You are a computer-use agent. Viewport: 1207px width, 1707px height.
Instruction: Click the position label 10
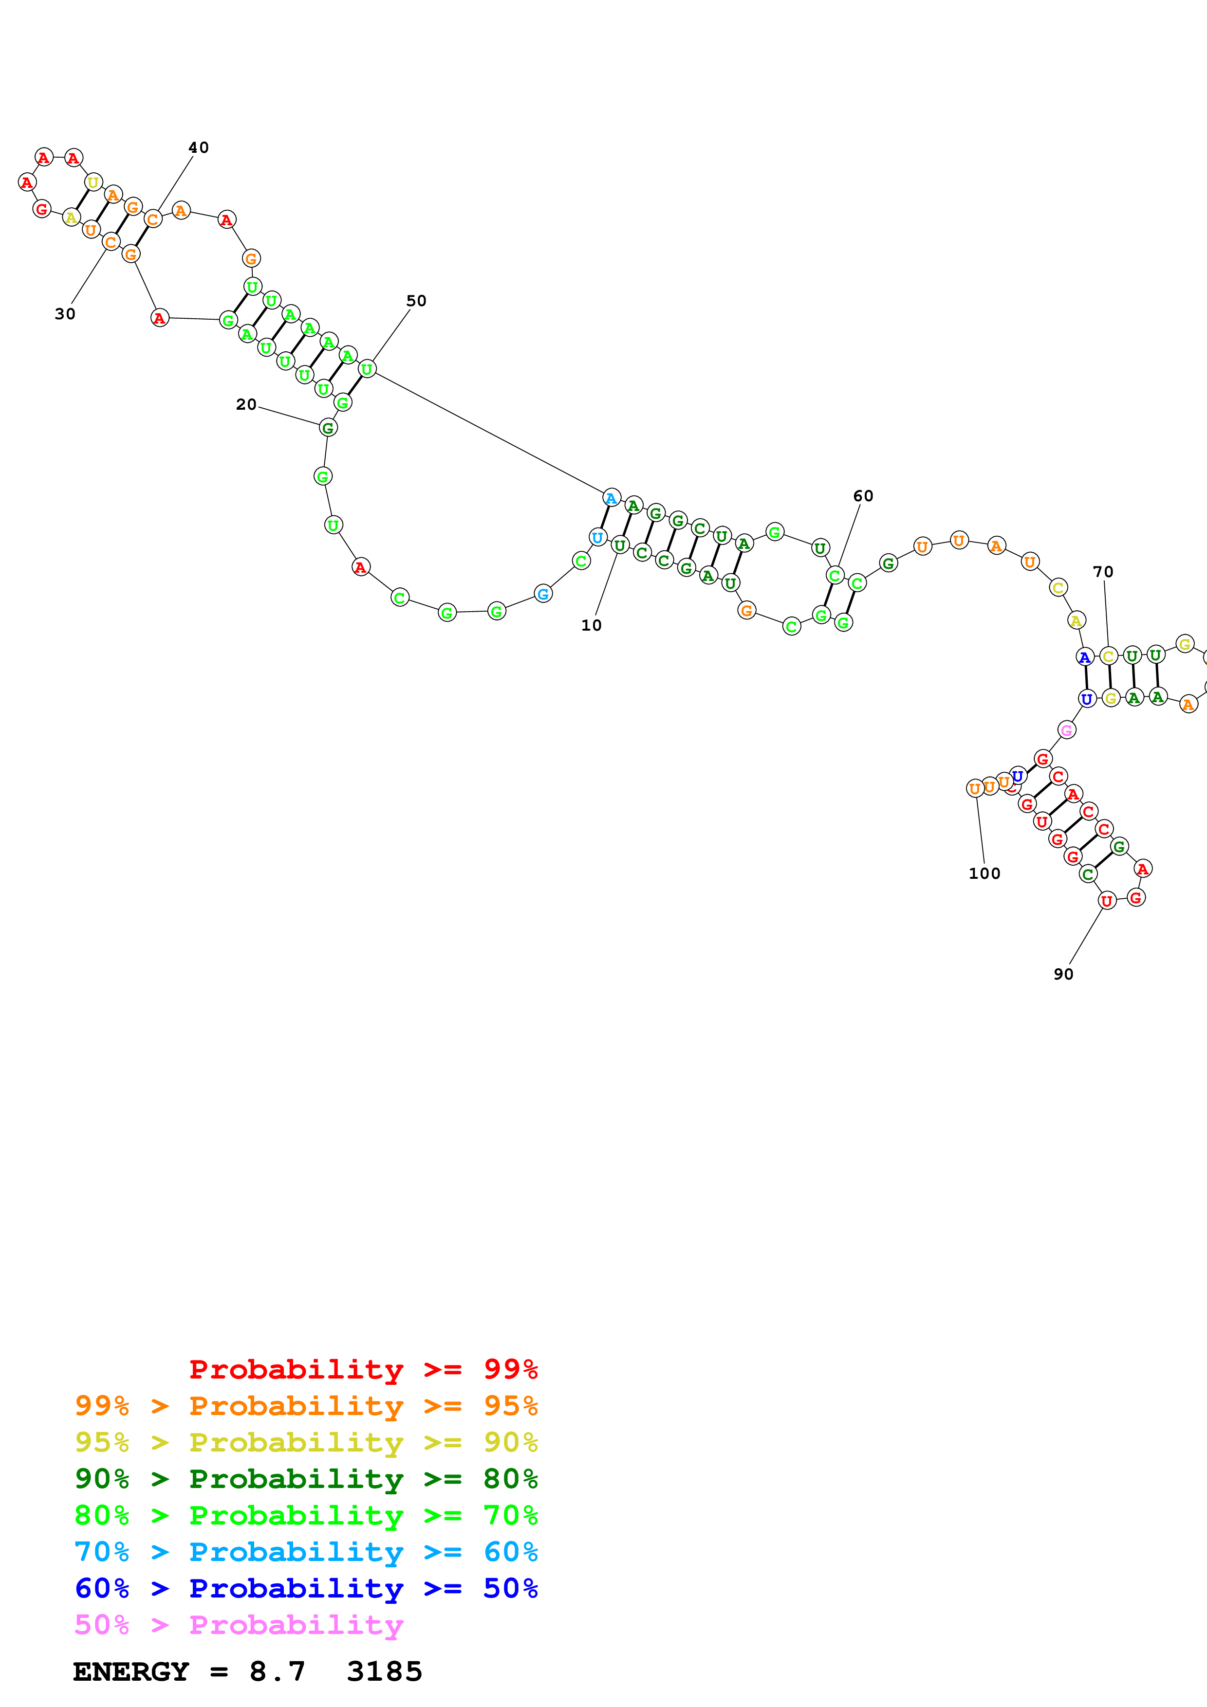(x=591, y=625)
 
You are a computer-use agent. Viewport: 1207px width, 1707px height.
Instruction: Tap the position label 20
(x=246, y=404)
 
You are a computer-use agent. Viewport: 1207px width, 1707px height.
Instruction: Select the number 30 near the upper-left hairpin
(x=65, y=314)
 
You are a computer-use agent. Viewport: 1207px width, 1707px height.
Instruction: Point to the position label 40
(x=199, y=147)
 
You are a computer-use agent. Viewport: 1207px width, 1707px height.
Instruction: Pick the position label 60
(x=863, y=496)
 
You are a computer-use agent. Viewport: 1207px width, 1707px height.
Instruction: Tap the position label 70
(x=1103, y=572)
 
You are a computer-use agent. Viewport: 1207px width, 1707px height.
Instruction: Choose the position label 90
(x=1063, y=974)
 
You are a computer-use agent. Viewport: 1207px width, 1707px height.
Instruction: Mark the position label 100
(x=984, y=873)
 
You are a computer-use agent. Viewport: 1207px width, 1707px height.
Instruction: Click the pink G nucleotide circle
(x=1066, y=730)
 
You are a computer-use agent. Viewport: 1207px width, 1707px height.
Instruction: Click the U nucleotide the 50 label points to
(x=367, y=369)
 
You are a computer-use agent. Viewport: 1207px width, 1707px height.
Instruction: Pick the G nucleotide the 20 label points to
(x=328, y=428)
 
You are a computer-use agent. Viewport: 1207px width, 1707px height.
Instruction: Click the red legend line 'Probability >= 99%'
(x=363, y=1369)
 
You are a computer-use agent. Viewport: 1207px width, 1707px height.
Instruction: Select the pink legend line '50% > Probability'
(x=239, y=1624)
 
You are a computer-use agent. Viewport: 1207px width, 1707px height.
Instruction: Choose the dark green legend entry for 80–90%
(x=306, y=1479)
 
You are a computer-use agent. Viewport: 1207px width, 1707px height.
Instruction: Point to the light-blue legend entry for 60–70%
(x=306, y=1552)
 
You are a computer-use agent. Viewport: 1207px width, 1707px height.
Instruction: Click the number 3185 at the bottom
(x=385, y=1671)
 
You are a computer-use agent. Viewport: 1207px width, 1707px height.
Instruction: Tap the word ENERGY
(x=131, y=1671)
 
